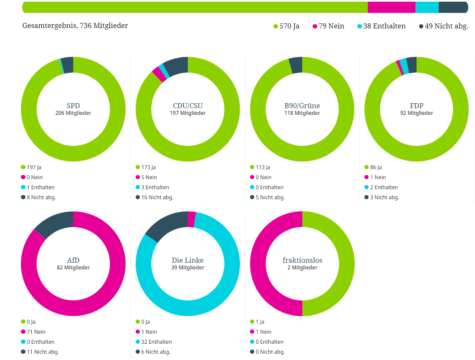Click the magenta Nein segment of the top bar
click(391, 8)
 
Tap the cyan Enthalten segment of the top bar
click(427, 8)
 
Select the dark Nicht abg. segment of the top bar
click(453, 8)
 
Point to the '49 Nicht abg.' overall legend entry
click(443, 26)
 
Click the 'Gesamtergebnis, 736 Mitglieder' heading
click(75, 25)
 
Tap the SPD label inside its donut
click(73, 106)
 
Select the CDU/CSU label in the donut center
click(187, 106)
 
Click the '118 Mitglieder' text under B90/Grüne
click(302, 113)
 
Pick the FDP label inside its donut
click(416, 106)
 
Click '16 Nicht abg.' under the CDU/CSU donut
click(157, 197)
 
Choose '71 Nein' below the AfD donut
click(36, 332)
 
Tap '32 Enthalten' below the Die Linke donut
click(157, 342)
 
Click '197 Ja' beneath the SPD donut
click(34, 167)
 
